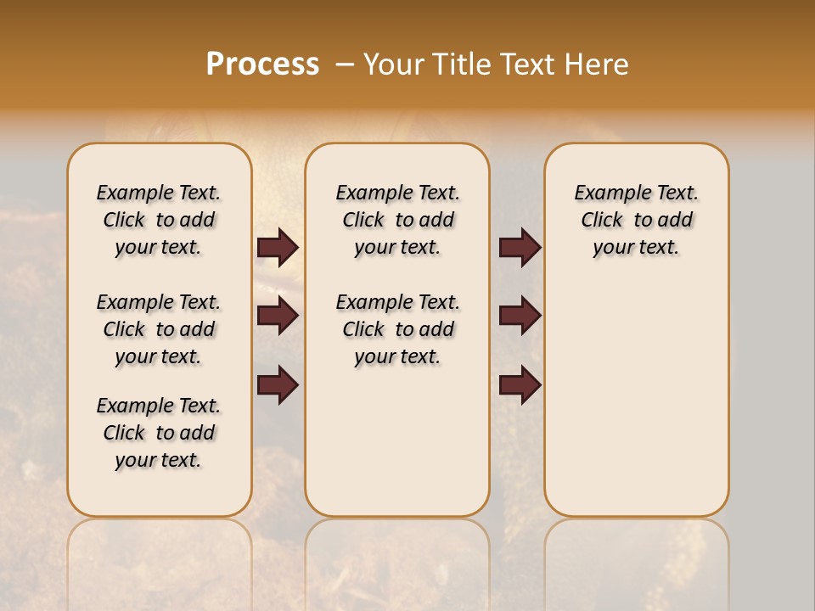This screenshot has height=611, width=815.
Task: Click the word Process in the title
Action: [x=262, y=64]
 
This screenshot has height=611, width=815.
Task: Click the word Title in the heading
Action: [x=462, y=64]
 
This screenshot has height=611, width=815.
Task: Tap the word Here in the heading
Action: [x=597, y=64]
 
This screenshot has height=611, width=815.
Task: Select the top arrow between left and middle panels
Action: [x=278, y=248]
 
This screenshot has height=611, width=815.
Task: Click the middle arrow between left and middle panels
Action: [x=278, y=316]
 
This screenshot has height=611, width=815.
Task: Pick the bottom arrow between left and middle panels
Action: [x=278, y=384]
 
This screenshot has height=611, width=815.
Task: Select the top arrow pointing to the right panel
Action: [x=520, y=248]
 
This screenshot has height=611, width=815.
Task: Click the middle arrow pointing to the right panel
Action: [x=520, y=316]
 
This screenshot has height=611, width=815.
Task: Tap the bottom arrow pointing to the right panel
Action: [x=520, y=384]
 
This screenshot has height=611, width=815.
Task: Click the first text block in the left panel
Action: [x=159, y=220]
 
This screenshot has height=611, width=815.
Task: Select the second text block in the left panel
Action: [x=159, y=329]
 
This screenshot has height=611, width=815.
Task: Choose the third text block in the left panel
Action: [x=159, y=433]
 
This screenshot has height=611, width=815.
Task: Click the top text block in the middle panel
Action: [x=397, y=220]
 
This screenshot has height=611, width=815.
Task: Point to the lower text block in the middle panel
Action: [x=397, y=329]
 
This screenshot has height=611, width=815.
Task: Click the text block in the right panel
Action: [x=637, y=220]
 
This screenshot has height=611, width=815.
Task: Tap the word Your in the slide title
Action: [x=394, y=64]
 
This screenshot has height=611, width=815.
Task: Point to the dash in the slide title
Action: [x=345, y=64]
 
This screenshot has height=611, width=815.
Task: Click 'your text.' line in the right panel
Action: [x=637, y=247]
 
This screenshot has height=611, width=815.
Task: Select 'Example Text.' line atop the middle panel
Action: [x=397, y=193]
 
